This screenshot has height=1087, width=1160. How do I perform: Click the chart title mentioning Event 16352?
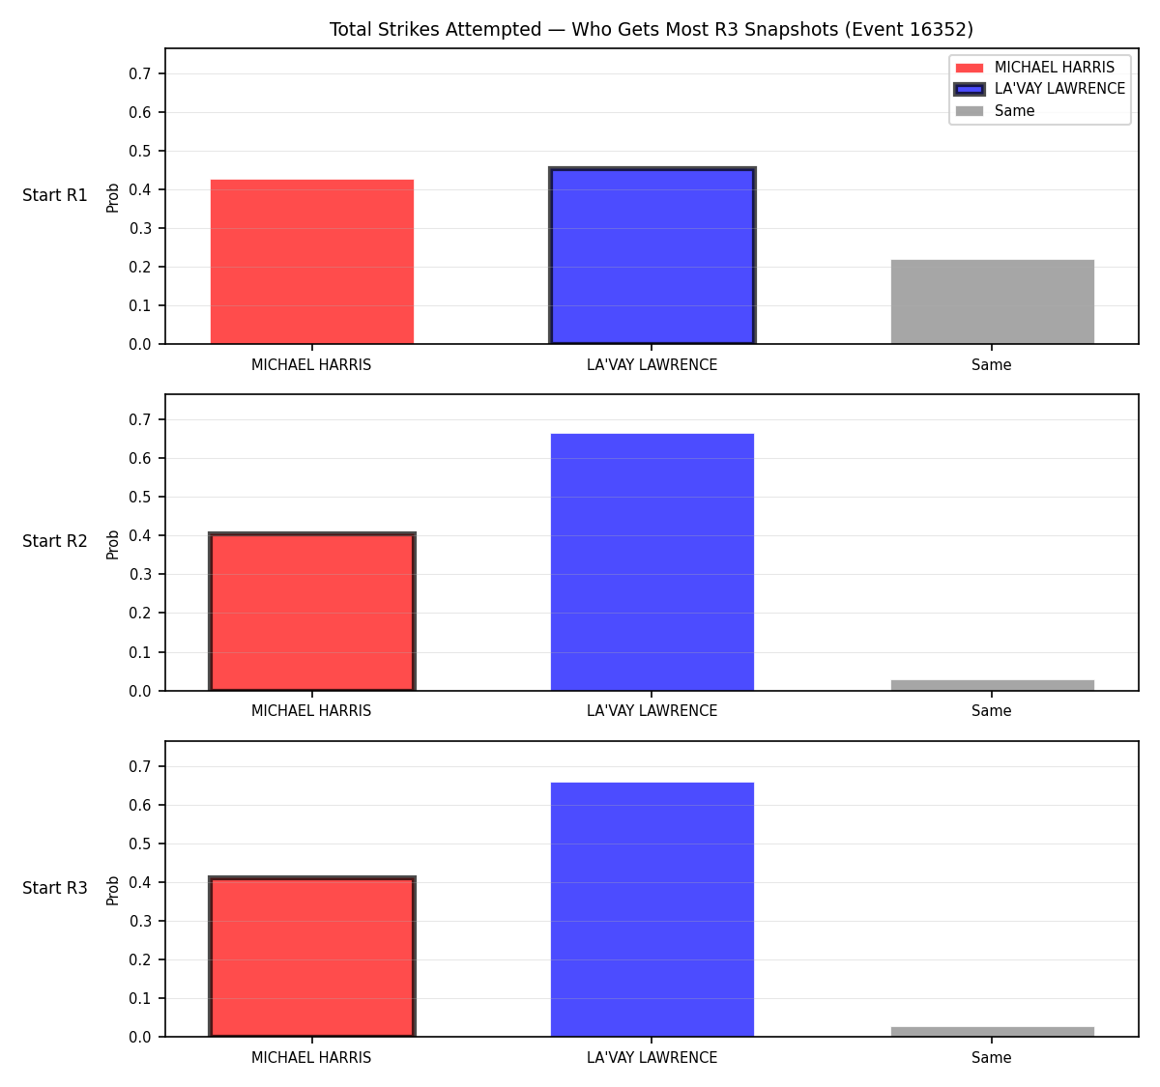(x=651, y=29)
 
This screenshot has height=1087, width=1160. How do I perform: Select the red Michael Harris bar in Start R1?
(x=312, y=262)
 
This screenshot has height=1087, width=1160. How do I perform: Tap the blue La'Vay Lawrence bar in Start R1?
(x=652, y=255)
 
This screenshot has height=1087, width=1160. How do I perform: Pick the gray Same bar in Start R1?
(x=992, y=302)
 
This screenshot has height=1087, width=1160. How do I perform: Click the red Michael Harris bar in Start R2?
(x=312, y=612)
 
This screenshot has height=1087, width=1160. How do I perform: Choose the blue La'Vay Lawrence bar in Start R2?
(x=652, y=562)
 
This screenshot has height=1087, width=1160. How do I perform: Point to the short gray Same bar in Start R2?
(x=992, y=685)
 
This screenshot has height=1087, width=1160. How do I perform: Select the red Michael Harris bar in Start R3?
(x=312, y=957)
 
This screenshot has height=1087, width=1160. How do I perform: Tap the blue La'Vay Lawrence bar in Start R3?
(x=652, y=909)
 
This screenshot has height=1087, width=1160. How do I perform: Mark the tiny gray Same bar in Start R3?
(x=992, y=1032)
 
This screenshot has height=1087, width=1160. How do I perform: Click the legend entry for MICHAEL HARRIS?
(x=1034, y=68)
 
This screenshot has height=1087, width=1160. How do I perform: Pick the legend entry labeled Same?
(x=995, y=111)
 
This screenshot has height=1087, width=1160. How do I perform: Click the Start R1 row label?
(x=55, y=195)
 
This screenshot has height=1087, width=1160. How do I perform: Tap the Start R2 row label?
(x=55, y=541)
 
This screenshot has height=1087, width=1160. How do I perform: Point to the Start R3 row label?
(x=55, y=888)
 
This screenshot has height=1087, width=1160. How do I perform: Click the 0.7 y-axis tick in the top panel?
(x=139, y=73)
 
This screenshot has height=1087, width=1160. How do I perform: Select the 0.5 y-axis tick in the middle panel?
(x=139, y=497)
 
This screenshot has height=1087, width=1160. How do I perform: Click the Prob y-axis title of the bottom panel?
(x=112, y=891)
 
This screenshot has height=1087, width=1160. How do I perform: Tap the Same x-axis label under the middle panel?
(x=991, y=711)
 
